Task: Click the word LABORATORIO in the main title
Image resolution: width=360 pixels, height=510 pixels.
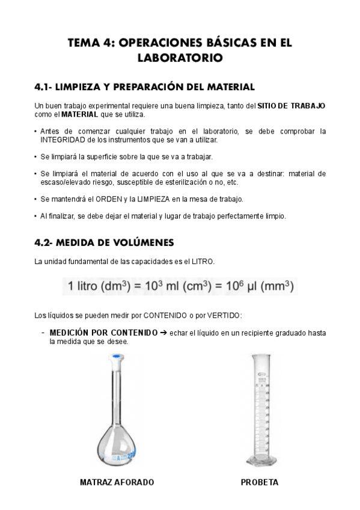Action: coord(180,58)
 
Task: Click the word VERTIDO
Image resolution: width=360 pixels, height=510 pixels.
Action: coord(223,315)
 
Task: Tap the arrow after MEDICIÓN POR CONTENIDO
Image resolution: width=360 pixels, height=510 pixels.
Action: coord(164,331)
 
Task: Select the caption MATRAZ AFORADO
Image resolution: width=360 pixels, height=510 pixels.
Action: coord(117,482)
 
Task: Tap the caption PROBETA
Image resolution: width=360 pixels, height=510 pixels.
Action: coord(260,482)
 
